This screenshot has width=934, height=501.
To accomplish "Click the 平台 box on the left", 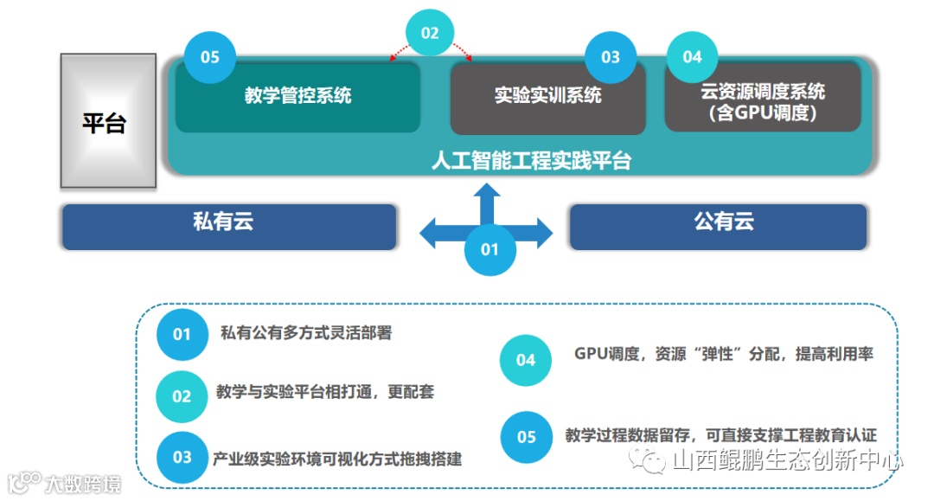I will (x=107, y=122).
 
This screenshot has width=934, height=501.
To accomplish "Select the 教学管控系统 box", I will (x=297, y=97).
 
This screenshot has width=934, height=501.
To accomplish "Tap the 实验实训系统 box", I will (x=547, y=97).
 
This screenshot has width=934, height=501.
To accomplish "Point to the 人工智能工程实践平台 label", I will (x=531, y=161).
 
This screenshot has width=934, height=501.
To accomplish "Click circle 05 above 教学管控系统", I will (x=210, y=58).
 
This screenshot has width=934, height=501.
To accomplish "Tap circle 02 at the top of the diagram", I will (x=430, y=34).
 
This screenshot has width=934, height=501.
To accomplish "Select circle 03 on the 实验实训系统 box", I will (x=611, y=58).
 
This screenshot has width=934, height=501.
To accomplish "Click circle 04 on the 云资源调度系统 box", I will (x=692, y=57).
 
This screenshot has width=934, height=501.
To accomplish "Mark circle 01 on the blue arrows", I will (x=489, y=250).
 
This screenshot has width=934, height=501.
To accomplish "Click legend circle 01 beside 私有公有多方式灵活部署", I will (x=182, y=334).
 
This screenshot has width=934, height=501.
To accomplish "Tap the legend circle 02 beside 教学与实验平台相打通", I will (x=182, y=396).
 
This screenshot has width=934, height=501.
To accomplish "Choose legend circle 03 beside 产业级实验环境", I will (x=182, y=457).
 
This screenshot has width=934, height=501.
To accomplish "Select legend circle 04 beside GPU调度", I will (x=526, y=360).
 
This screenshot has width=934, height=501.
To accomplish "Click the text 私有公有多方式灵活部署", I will (x=305, y=332).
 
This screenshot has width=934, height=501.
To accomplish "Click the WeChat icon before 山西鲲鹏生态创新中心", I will (x=649, y=460).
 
